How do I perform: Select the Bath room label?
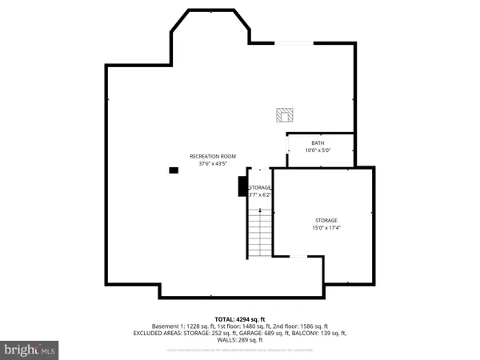(318, 142)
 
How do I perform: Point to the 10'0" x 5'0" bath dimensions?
(318, 150)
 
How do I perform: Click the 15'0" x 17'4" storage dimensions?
(326, 228)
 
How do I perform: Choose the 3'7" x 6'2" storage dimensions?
(260, 194)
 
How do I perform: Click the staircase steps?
(260, 234)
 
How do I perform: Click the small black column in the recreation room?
(173, 170)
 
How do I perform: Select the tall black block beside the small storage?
(242, 186)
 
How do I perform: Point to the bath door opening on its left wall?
(287, 144)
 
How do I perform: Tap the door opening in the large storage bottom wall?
(298, 256)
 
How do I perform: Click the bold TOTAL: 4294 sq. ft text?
(239, 318)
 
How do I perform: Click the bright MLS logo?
(30, 349)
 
